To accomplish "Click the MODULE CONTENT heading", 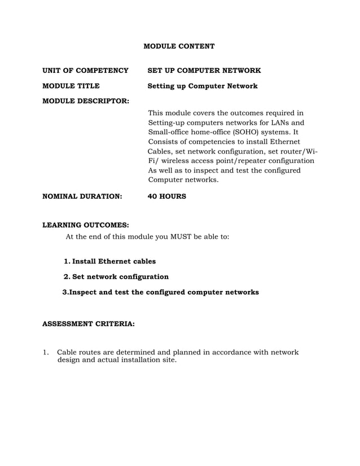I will click(179, 45).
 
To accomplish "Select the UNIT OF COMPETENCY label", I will click(86, 71).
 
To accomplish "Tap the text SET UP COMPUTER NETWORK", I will click(204, 71).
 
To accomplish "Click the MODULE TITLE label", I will click(72, 86).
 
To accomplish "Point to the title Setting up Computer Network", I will click(202, 86).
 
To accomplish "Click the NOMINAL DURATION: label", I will click(82, 197).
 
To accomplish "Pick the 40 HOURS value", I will click(166, 197).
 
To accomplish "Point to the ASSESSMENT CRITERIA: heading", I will click(89, 325).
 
